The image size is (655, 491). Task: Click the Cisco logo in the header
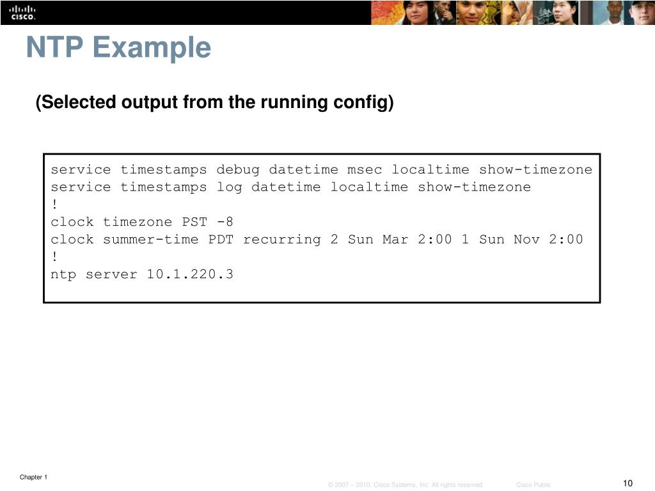point(22,12)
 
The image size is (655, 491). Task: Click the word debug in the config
point(238,169)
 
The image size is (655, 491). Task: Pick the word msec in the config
point(365,169)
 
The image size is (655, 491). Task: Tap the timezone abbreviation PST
point(195,222)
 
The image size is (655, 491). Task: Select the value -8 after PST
point(225,222)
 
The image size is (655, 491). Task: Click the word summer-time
point(151,240)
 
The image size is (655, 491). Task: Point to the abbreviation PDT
point(221,240)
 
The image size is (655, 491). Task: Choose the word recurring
point(282,240)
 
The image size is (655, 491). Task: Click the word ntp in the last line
point(63,275)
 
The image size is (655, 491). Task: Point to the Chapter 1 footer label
point(33,477)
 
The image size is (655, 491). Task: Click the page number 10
point(627,483)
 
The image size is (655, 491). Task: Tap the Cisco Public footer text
point(533,485)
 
